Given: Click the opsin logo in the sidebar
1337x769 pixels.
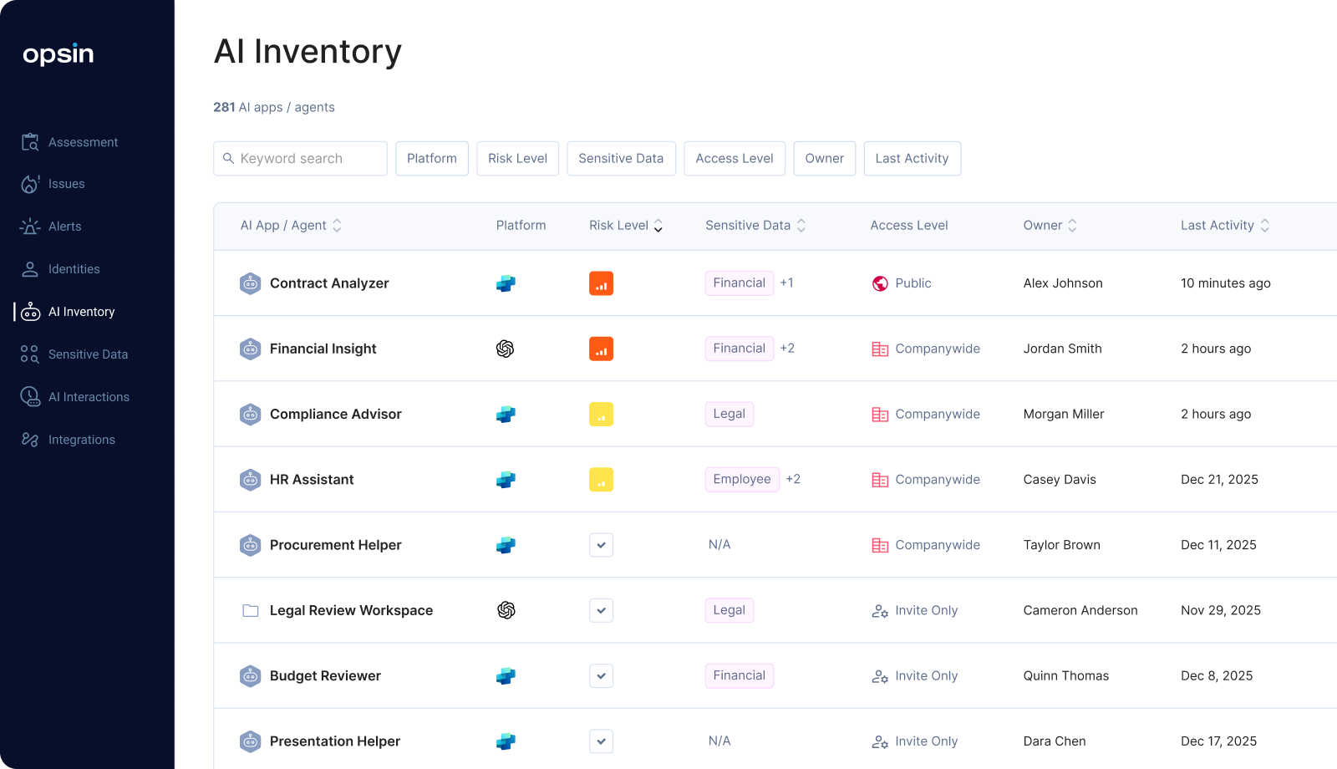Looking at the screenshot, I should tap(58, 54).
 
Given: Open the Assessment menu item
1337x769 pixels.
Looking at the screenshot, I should tap(83, 142).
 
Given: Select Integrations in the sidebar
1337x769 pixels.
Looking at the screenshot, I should tap(81, 440).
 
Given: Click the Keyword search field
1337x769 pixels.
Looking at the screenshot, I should tap(300, 159).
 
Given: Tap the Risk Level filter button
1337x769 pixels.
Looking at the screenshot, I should tap(517, 159).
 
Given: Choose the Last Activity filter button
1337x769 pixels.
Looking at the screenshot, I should tap(912, 159).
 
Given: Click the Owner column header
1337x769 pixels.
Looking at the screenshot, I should tap(1043, 226).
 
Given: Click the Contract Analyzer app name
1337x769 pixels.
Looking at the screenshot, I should tap(329, 283).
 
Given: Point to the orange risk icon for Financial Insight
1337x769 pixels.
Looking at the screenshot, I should tap(601, 349).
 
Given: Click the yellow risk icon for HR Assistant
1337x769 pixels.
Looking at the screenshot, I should tap(601, 480).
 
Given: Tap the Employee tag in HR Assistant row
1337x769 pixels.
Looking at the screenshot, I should tap(742, 480).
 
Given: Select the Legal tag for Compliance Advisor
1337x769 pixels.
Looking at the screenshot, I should tap(729, 414).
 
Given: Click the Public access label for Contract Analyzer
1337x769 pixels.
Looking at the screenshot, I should tap(913, 283).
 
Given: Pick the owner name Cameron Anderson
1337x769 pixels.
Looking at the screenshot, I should tap(1080, 610).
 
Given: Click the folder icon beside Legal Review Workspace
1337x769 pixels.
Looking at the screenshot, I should tap(250, 610).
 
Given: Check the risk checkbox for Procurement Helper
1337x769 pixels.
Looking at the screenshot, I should tap(601, 545).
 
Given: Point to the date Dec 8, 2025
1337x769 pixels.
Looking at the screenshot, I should tap(1217, 675).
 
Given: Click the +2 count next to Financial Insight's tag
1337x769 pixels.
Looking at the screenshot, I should tap(787, 349).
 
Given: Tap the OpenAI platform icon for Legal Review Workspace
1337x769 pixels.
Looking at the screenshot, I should tap(506, 610).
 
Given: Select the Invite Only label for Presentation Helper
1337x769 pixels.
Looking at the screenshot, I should tap(926, 741).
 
